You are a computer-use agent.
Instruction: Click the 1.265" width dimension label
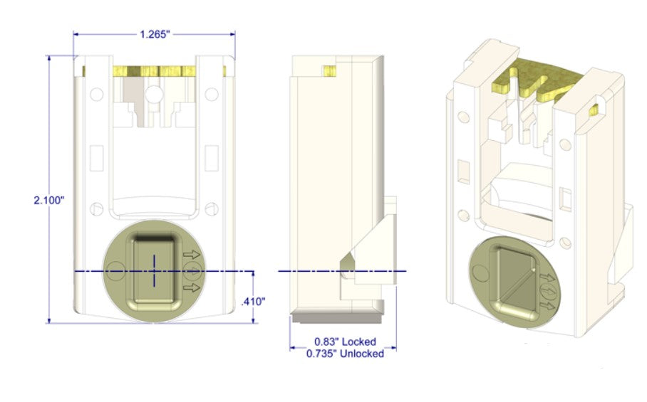[x=155, y=34]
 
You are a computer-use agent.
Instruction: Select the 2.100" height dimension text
[x=48, y=201]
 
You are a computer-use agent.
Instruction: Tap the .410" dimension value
[x=253, y=302]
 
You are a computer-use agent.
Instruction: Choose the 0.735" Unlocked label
[x=345, y=354]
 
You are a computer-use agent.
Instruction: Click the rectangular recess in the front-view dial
[x=154, y=271]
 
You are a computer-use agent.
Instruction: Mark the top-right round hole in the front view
[x=212, y=92]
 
